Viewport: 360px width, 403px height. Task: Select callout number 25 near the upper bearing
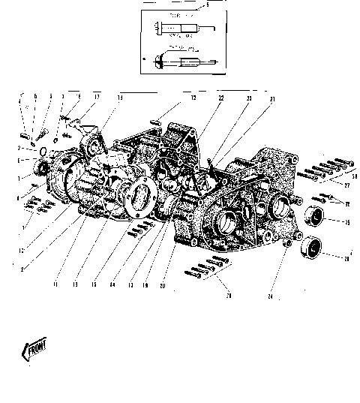click(x=346, y=223)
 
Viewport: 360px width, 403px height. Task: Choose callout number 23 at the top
click(x=249, y=99)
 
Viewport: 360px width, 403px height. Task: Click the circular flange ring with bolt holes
click(x=140, y=197)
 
